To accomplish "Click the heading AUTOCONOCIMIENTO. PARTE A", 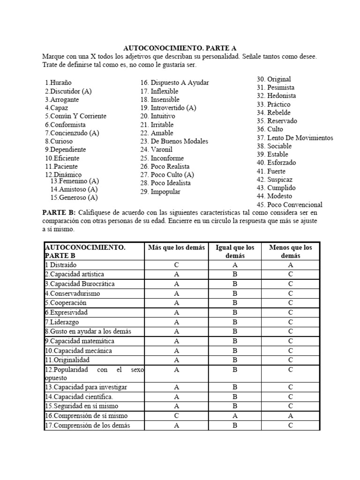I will (180, 48).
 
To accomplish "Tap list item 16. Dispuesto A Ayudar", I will (174, 82).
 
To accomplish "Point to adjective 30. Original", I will (274, 79).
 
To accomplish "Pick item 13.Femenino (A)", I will (75, 181).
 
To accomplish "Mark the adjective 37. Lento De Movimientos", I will (294, 138).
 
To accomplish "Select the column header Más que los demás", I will (176, 248).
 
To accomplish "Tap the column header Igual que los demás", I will (234, 252).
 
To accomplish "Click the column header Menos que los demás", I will (291, 252).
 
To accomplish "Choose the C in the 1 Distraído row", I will (176, 265).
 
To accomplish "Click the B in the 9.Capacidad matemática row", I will (234, 341).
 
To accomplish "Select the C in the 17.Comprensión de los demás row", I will (291, 426).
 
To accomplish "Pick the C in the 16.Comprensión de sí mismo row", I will (176, 416).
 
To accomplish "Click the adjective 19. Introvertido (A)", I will (168, 108).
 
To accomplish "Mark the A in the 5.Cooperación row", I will (176, 303).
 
